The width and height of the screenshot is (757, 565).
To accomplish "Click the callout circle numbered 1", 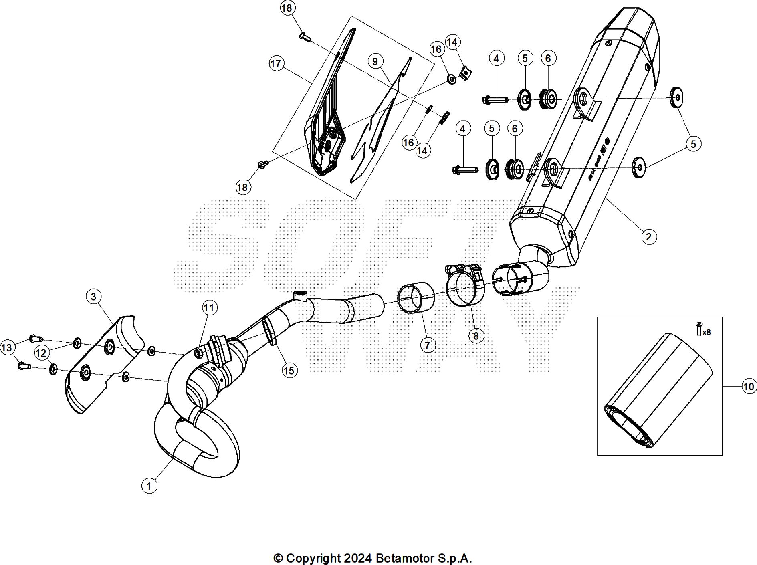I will tap(149, 486).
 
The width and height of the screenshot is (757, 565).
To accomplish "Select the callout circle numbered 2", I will tap(649, 236).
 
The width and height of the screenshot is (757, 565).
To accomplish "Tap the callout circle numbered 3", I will tap(93, 297).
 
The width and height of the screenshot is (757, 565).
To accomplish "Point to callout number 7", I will tap(428, 345).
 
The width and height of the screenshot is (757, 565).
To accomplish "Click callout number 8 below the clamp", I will tap(476, 335).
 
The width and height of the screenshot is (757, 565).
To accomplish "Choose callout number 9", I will tap(375, 61).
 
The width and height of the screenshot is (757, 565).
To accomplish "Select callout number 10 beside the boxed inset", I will tap(748, 387).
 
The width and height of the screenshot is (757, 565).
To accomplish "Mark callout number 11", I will tap(209, 308).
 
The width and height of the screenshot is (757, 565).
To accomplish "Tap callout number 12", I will tap(41, 353).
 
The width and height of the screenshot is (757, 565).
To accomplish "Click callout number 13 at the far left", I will tap(7, 347).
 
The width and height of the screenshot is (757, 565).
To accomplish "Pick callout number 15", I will tap(289, 371).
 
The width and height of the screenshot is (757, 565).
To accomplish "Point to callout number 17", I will tap(276, 63).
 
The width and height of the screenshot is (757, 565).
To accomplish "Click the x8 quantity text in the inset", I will tap(707, 332).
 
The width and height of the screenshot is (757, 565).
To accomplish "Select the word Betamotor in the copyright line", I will tap(405, 558).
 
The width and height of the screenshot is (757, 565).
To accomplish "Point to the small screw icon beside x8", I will tap(699, 329).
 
